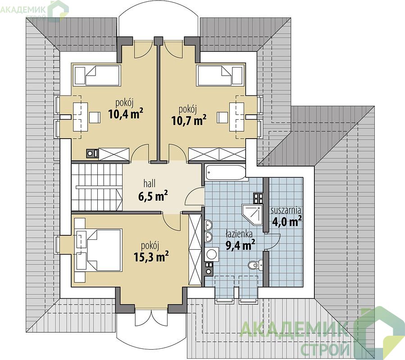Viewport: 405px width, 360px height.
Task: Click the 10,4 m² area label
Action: [126, 113]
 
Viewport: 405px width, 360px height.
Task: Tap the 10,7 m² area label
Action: [189, 120]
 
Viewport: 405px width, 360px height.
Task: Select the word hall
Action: [150, 184]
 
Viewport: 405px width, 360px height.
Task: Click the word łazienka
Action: [239, 234]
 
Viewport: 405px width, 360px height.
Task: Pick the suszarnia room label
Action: [286, 210]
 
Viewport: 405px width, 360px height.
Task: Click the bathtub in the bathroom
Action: [225, 172]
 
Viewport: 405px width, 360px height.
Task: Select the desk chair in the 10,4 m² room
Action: [95, 117]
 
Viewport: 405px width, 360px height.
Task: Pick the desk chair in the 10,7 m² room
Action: [223, 117]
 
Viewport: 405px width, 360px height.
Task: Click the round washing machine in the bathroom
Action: [212, 254]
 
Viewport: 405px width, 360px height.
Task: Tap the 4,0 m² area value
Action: [286, 221]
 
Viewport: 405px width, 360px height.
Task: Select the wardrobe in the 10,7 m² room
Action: [217, 154]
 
